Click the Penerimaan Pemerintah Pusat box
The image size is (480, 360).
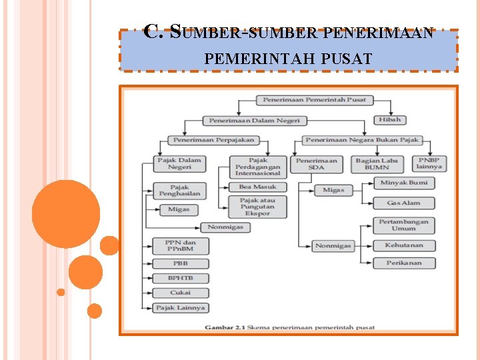(x=315, y=101)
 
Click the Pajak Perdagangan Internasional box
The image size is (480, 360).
(x=258, y=166)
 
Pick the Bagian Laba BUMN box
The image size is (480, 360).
(x=377, y=163)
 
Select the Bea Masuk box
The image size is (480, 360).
(x=257, y=187)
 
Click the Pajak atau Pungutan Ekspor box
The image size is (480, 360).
(x=257, y=207)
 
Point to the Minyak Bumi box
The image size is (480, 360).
(x=404, y=183)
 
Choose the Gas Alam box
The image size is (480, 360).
(x=404, y=203)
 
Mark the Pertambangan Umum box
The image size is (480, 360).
(x=404, y=225)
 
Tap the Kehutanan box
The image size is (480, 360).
(x=404, y=245)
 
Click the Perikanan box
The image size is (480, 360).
(x=404, y=263)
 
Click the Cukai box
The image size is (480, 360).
(x=180, y=293)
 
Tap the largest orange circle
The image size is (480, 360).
(x=66, y=214)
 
